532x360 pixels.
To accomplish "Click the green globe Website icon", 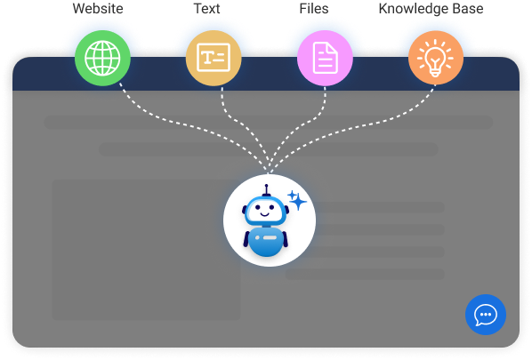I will (102, 58).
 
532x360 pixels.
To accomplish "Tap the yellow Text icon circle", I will (214, 58).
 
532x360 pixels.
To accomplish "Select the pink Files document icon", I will (325, 58).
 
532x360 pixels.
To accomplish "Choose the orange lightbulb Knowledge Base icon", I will (436, 58).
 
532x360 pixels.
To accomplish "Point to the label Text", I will (206, 9).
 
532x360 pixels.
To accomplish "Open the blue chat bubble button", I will (485, 314).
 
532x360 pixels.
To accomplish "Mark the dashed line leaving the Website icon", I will (142, 108).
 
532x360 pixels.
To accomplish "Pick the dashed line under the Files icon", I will (316, 111).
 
